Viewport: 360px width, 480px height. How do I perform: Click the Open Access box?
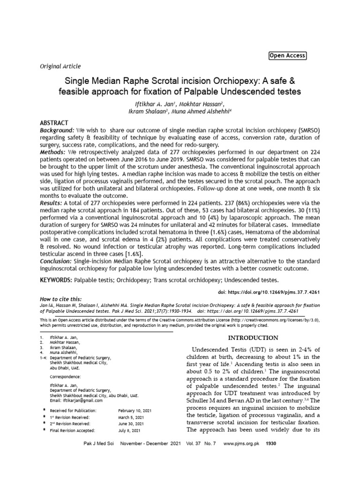(287, 56)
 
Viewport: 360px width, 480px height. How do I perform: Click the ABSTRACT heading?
(54, 122)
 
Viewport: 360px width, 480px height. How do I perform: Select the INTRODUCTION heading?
(254, 338)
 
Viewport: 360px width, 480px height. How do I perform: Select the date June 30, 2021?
(132, 424)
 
